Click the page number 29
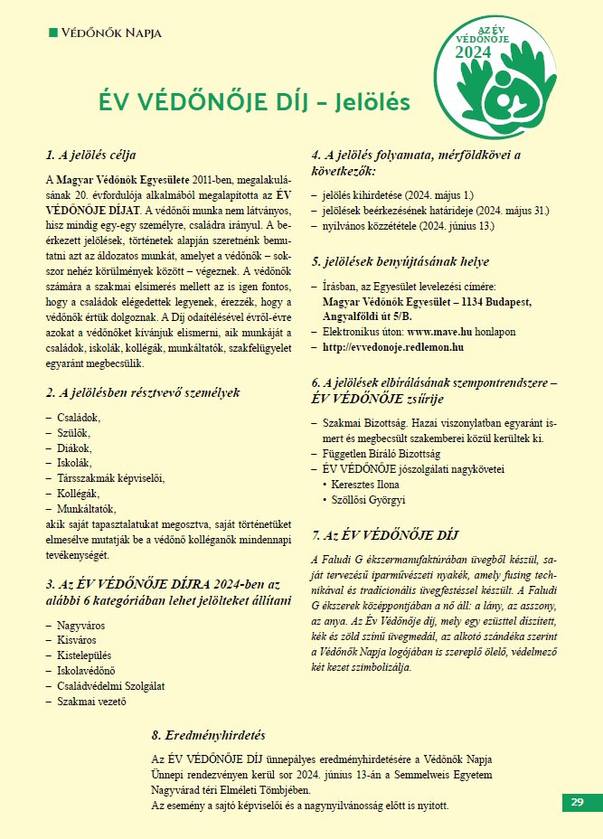[x=576, y=802]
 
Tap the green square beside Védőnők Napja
[x=52, y=33]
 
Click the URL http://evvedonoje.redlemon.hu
[x=393, y=346]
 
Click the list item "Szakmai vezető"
[x=91, y=702]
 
